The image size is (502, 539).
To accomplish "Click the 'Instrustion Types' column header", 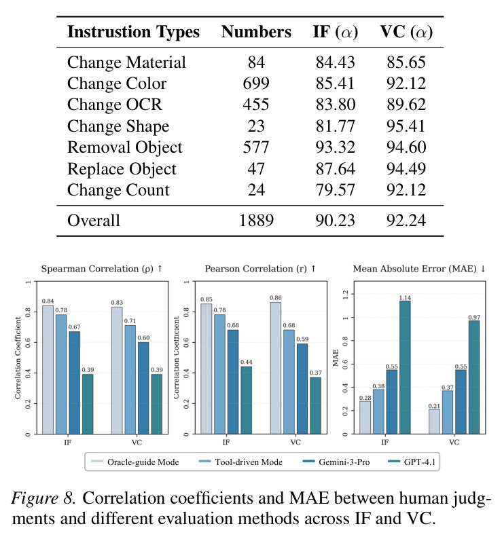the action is [x=134, y=32].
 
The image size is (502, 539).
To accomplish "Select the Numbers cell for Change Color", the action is [x=256, y=83].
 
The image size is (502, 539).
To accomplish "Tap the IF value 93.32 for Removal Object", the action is [x=335, y=147].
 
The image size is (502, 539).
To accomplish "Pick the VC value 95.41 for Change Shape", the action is [x=406, y=126].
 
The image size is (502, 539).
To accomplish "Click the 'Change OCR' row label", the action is [x=115, y=105].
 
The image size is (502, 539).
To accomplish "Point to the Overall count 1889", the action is [x=256, y=221].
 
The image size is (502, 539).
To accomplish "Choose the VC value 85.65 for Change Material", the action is [x=406, y=62].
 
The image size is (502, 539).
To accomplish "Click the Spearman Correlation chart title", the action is [x=102, y=268].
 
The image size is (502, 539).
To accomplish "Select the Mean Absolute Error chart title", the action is [x=419, y=268].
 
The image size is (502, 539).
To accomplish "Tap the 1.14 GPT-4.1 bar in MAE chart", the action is [x=405, y=367].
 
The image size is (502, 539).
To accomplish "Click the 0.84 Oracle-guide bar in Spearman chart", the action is [x=48, y=369].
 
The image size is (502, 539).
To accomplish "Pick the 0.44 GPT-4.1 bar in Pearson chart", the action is [x=247, y=400].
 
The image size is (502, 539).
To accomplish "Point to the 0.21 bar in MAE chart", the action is [x=434, y=422].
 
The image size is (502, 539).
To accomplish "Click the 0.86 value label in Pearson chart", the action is [x=276, y=298].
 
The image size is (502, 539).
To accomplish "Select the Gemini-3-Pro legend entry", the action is [x=336, y=462].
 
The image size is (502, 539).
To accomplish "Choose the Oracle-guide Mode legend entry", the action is [x=135, y=462].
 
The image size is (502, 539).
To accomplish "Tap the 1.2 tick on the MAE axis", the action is [x=346, y=294].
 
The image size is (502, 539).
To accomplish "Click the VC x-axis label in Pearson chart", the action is [x=295, y=443].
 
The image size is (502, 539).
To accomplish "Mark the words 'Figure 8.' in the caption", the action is [x=43, y=498].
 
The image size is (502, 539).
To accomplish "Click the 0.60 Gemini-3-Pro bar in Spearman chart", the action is [x=143, y=388].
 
